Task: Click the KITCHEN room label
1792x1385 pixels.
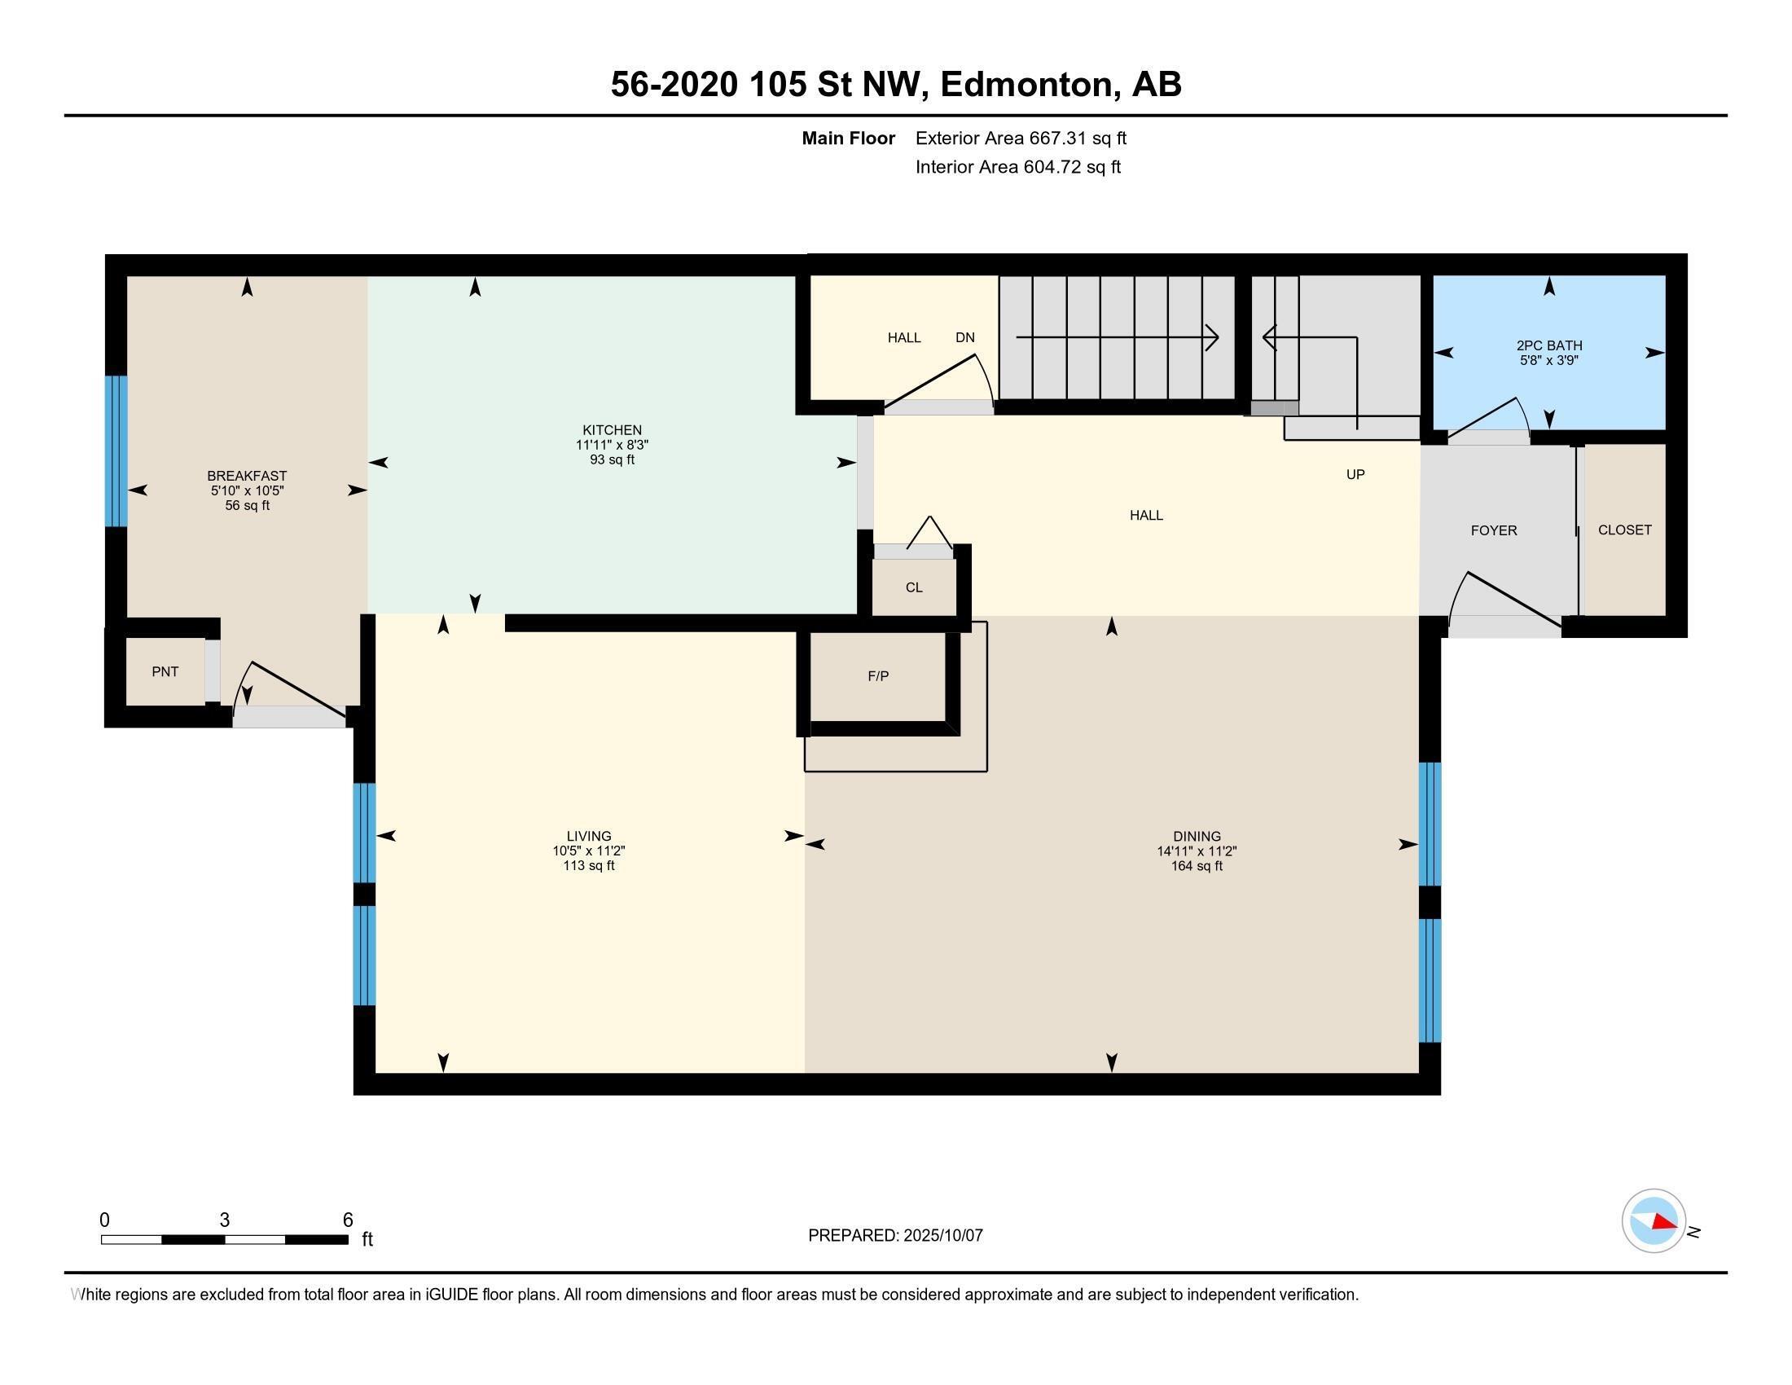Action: click(x=611, y=430)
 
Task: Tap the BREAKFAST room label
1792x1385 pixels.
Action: click(x=246, y=476)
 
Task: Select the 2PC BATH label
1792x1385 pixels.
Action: click(x=1548, y=345)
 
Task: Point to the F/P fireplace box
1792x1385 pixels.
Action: click(x=877, y=676)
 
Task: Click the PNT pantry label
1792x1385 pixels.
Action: click(x=165, y=671)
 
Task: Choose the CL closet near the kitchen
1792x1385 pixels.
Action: click(x=913, y=587)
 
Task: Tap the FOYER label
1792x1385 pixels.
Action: click(x=1492, y=531)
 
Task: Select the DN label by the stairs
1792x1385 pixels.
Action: click(x=964, y=337)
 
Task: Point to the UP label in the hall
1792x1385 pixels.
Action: click(x=1355, y=474)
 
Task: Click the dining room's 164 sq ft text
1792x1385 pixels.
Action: click(x=1197, y=865)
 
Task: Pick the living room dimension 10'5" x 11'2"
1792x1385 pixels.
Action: click(x=588, y=851)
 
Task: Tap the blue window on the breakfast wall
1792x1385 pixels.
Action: click(x=116, y=451)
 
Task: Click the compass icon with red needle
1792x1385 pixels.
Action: click(x=1653, y=1221)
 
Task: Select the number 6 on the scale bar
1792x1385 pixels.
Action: click(x=347, y=1220)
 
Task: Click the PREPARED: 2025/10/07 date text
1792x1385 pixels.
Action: click(x=894, y=1235)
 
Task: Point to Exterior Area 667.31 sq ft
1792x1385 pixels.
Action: click(x=1020, y=138)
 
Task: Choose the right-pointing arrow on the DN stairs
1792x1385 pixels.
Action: click(x=1210, y=337)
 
